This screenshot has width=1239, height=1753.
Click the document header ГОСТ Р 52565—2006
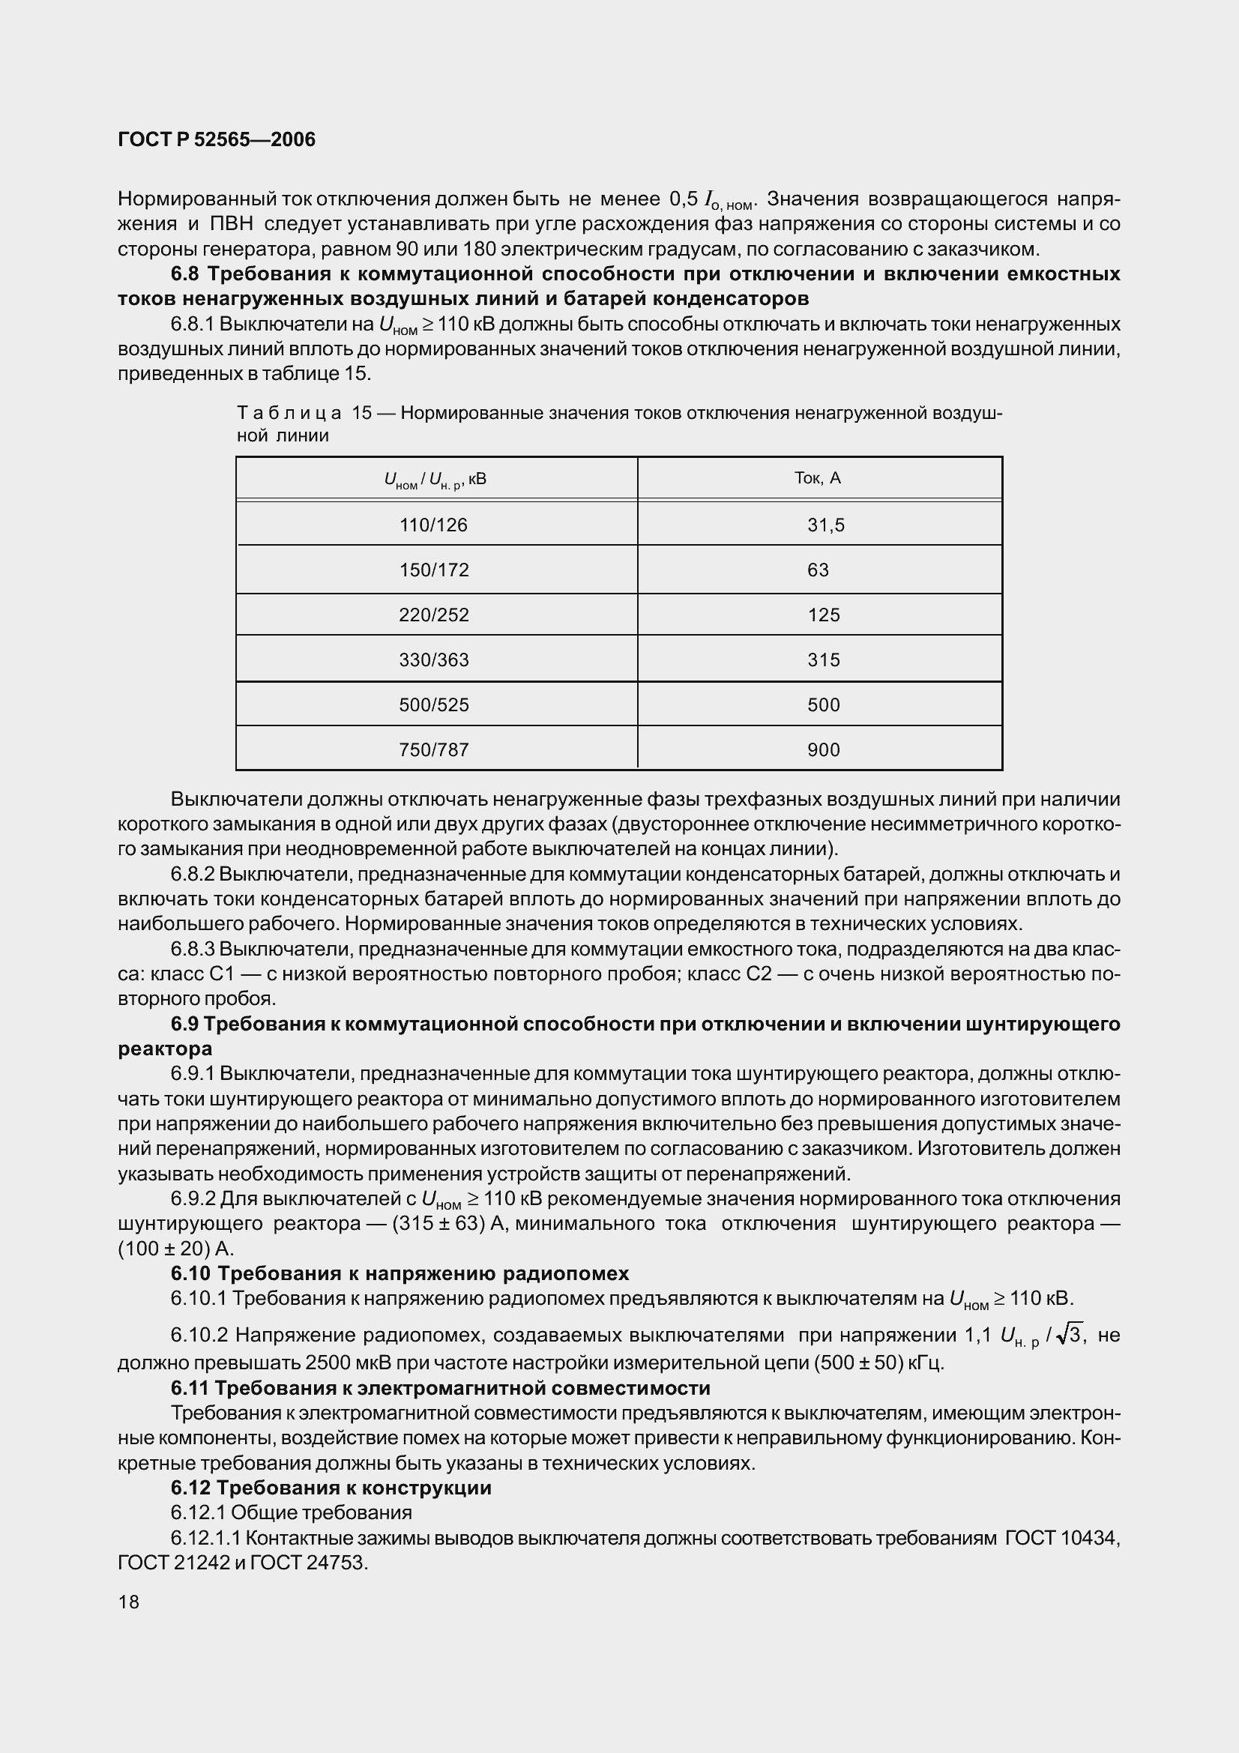click(217, 139)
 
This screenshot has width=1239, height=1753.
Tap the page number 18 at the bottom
click(129, 1602)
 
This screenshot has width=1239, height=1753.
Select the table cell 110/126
click(433, 525)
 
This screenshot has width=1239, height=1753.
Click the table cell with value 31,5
click(826, 525)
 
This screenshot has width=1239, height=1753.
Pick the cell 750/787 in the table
click(433, 749)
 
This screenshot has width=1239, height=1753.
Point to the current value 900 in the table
click(824, 749)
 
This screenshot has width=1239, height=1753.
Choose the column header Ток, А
click(818, 478)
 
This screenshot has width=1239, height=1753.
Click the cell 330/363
click(433, 660)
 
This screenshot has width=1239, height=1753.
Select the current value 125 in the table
click(824, 615)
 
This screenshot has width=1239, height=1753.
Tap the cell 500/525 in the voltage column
click(433, 704)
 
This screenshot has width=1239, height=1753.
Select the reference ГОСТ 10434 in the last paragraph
click(1061, 1538)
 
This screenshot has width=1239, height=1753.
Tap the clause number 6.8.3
click(193, 949)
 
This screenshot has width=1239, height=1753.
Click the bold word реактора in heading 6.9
click(165, 1049)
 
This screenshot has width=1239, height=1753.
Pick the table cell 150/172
click(433, 570)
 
